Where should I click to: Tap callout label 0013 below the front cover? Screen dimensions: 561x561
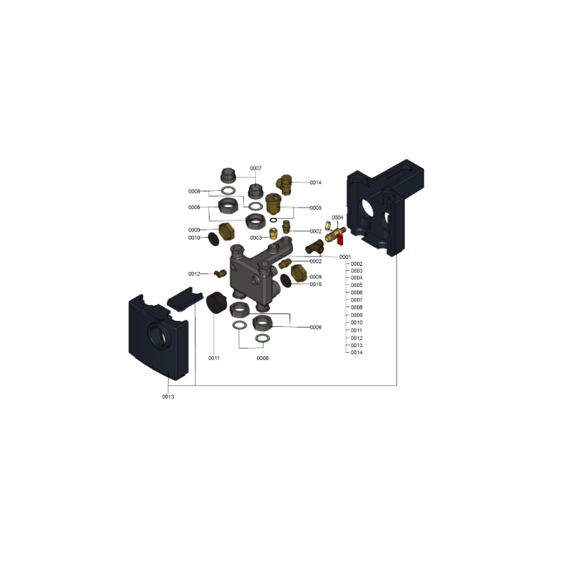pyautogui.click(x=168, y=397)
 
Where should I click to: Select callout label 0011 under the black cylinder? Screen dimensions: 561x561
pyautogui.click(x=214, y=358)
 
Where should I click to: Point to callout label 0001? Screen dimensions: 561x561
pyautogui.click(x=345, y=257)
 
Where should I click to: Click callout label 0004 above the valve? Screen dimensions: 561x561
pyautogui.click(x=337, y=217)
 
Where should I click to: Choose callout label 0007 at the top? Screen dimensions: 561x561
pyautogui.click(x=256, y=168)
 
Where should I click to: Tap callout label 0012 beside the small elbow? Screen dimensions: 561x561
pyautogui.click(x=194, y=274)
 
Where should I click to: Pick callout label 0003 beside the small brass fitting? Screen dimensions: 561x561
pyautogui.click(x=256, y=238)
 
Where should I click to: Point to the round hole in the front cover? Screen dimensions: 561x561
pyautogui.click(x=157, y=334)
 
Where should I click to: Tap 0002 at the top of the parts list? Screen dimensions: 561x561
pyautogui.click(x=357, y=264)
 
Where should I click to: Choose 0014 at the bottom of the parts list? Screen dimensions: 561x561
pyautogui.click(x=357, y=353)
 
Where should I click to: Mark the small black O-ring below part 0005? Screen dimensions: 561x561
pyautogui.click(x=273, y=220)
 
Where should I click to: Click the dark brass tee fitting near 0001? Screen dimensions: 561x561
pyautogui.click(x=314, y=247)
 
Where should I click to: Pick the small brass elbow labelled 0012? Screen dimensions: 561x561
pyautogui.click(x=220, y=273)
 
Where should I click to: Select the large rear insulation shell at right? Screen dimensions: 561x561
pyautogui.click(x=385, y=208)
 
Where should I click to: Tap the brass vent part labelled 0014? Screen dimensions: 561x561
pyautogui.click(x=284, y=184)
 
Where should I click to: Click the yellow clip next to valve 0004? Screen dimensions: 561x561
pyautogui.click(x=327, y=226)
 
